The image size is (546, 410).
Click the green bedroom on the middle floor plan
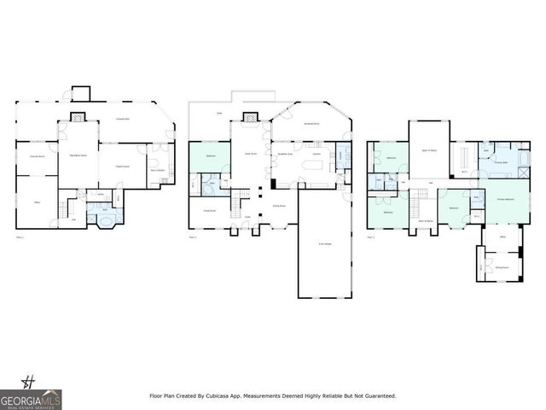click(x=208, y=158)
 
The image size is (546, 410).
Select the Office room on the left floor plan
click(x=38, y=202)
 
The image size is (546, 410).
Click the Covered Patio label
click(x=128, y=119)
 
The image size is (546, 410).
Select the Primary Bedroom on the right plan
click(x=505, y=198)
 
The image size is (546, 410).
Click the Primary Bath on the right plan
click(x=502, y=160)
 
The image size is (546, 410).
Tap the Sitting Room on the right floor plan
click(x=502, y=266)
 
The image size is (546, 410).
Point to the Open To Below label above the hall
click(x=428, y=149)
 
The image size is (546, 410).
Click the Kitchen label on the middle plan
click(x=315, y=154)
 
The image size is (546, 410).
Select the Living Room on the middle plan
click(x=208, y=210)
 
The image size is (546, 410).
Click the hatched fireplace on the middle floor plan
click(x=250, y=118)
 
